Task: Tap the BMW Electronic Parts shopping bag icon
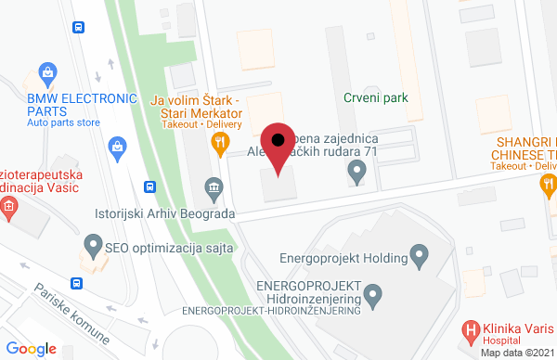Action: [44, 72]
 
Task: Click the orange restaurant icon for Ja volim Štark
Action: [220, 143]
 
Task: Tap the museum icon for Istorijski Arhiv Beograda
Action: [214, 188]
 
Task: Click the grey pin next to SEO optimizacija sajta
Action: [92, 246]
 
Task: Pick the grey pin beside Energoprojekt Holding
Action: [419, 253]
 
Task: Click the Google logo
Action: [32, 348]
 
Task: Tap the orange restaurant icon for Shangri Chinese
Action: [548, 185]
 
